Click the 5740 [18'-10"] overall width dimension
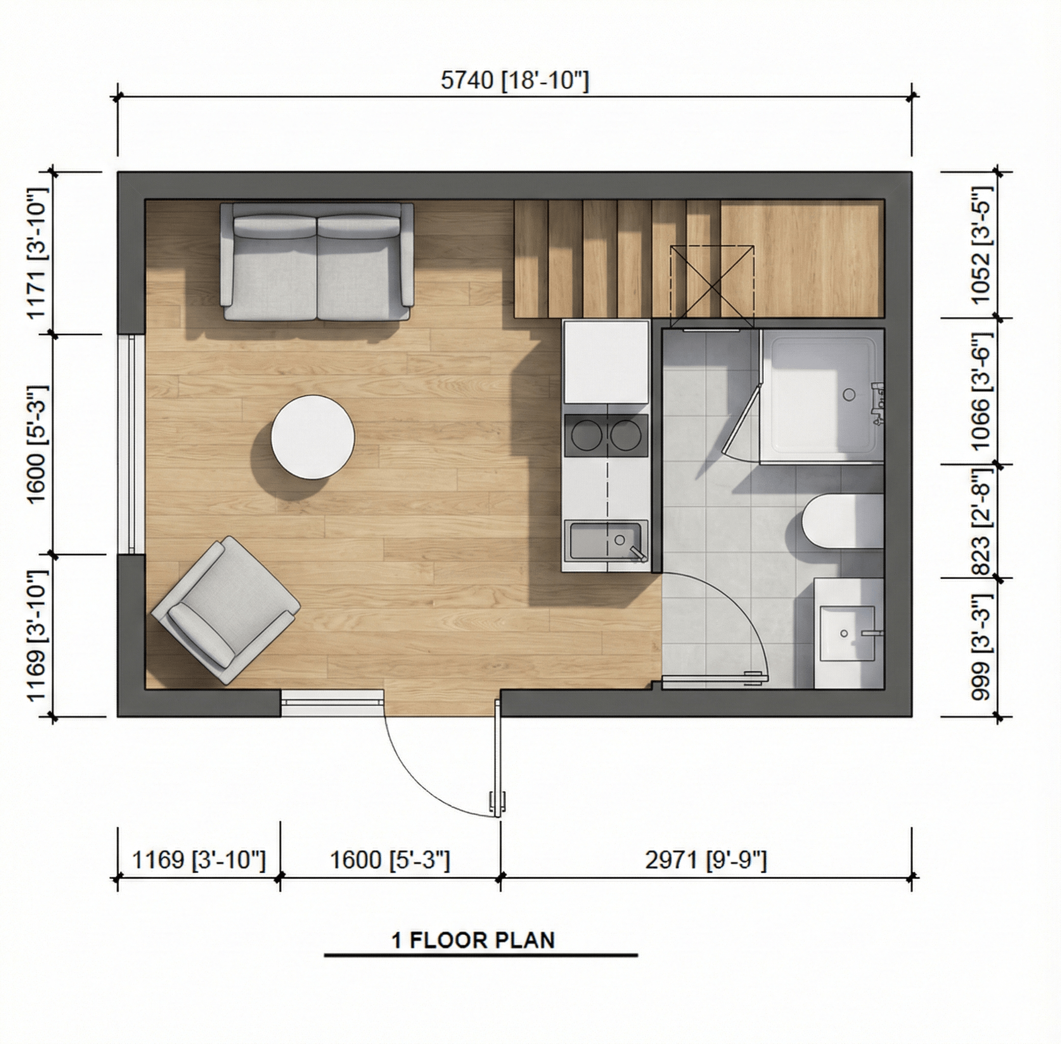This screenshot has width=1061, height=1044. [515, 81]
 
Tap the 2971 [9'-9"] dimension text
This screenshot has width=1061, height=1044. [705, 860]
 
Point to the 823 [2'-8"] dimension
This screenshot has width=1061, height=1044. [982, 521]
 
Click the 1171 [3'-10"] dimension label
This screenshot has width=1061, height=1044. [37, 252]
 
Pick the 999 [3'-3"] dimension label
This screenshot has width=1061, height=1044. [982, 646]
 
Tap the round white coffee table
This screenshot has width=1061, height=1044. [313, 437]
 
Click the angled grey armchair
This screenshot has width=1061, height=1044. [225, 610]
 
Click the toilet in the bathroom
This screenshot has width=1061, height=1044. [842, 521]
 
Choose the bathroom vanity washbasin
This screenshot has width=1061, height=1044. [846, 633]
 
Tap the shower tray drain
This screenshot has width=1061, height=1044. [849, 394]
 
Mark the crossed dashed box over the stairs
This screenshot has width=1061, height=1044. [712, 288]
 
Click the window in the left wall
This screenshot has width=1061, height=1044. [132, 443]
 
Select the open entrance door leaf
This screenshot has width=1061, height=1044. [498, 760]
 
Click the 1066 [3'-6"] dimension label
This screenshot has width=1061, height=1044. [982, 391]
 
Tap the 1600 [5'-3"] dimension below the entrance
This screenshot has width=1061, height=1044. [390, 860]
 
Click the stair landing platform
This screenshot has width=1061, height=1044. [802, 259]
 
